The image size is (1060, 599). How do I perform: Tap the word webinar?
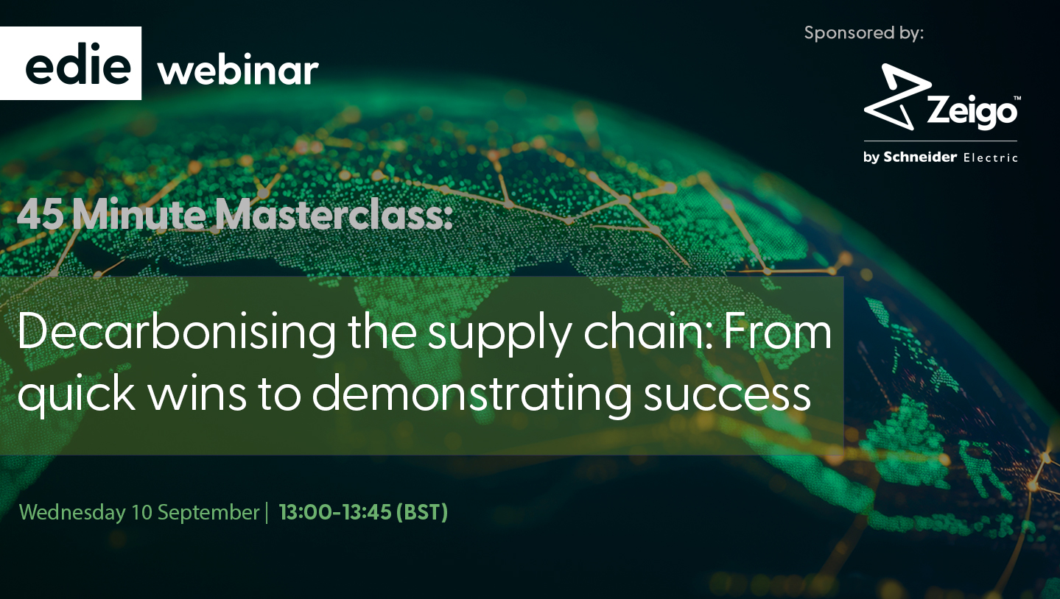pyautogui.click(x=238, y=71)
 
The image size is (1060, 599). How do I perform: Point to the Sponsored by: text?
pyautogui.click(x=863, y=33)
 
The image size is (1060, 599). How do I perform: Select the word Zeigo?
pyautogui.click(x=972, y=112)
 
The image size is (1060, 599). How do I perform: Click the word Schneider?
pyautogui.click(x=920, y=157)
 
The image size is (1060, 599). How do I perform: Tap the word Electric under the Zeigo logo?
pyautogui.click(x=991, y=157)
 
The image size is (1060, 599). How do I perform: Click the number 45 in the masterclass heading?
pyautogui.click(x=41, y=216)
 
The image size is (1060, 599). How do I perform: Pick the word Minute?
pyautogui.click(x=139, y=215)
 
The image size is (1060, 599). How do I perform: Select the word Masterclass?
pyautogui.click(x=334, y=216)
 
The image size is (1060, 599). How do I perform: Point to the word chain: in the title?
pyautogui.click(x=647, y=331)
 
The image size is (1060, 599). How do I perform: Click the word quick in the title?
pyautogui.click(x=77, y=394)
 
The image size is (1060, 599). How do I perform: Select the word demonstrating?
pyautogui.click(x=471, y=394)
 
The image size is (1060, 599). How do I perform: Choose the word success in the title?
pyautogui.click(x=727, y=396)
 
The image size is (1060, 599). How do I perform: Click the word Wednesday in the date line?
pyautogui.click(x=72, y=512)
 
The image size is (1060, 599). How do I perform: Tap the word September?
pyautogui.click(x=208, y=513)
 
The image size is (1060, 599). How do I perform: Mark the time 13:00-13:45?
pyautogui.click(x=335, y=512)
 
